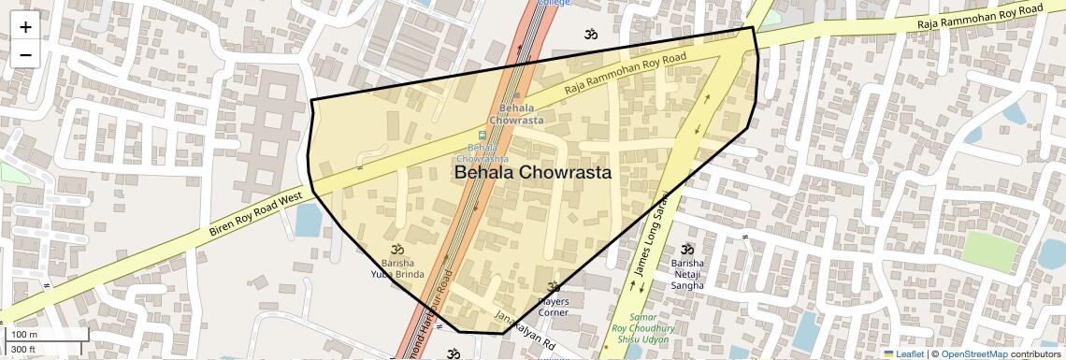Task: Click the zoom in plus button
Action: pos(25,27)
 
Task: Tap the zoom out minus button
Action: pos(25,55)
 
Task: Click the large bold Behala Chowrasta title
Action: pos(533,173)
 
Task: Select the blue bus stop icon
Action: pos(483,135)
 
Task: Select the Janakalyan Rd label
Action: pos(525,330)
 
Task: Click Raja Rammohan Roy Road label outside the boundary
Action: pos(979,16)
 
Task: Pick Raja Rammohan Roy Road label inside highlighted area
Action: pos(626,73)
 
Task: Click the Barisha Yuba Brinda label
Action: pos(397,268)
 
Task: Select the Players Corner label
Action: pos(553,307)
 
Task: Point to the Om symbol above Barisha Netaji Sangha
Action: pos(687,249)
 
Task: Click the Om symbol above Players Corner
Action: pos(553,287)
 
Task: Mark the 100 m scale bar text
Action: pos(23,335)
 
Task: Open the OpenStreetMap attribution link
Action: pos(973,353)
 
